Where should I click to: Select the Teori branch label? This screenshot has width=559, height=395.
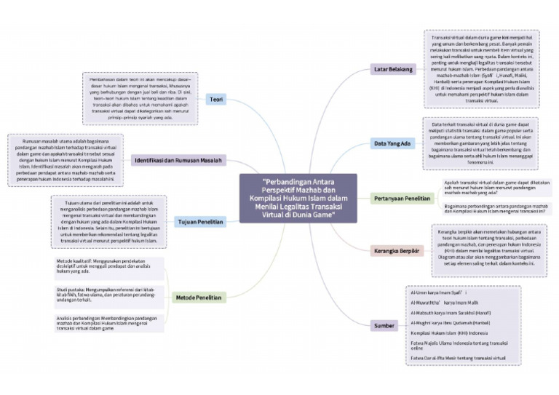[x=216, y=99]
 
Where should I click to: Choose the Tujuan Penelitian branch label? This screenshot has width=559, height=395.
[x=200, y=220]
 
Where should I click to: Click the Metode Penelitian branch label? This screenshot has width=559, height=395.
[x=199, y=298]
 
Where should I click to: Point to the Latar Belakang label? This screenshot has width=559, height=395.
[x=394, y=69]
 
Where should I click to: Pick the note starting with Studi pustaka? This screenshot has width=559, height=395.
[x=109, y=295]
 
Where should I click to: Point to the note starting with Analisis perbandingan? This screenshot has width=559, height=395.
[x=109, y=323]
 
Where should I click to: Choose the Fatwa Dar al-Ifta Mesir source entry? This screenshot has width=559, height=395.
[x=459, y=358]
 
